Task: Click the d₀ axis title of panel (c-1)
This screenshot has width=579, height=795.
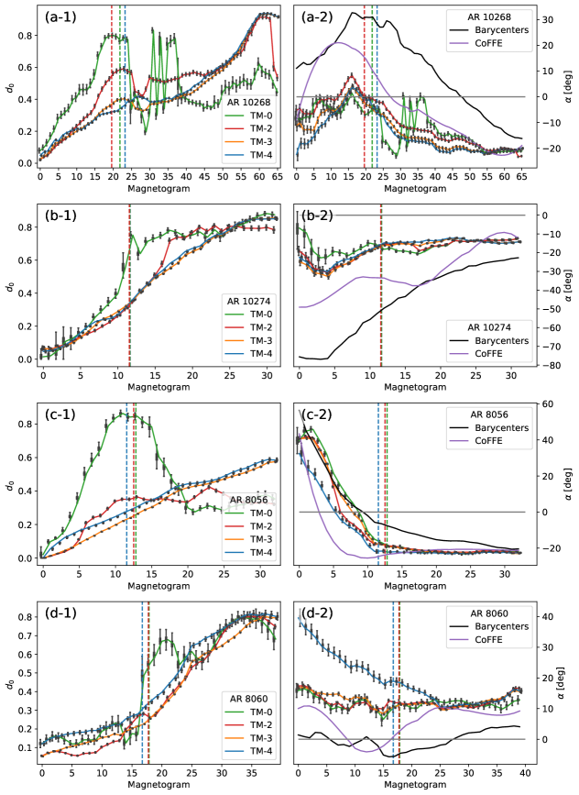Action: [x=7, y=483]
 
